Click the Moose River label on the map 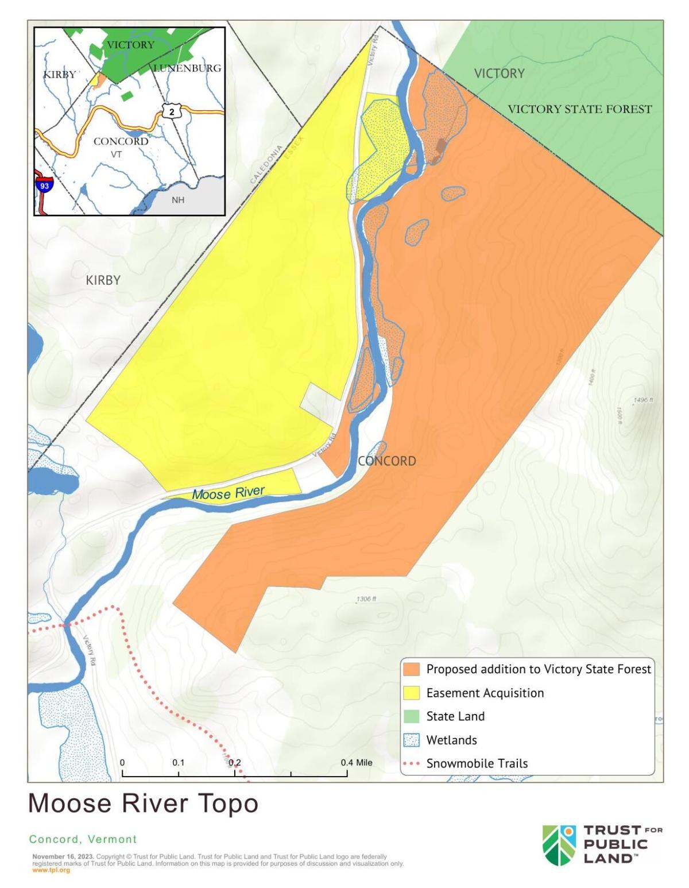(x=228, y=493)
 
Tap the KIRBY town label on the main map (x=103, y=280)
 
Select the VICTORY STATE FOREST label (x=579, y=109)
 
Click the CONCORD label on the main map (x=386, y=461)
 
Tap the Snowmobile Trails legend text (x=477, y=763)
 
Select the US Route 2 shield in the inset (x=171, y=111)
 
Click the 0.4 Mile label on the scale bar (x=356, y=763)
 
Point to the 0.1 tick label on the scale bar (x=178, y=763)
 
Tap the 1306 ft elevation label (x=366, y=599)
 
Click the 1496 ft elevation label (x=643, y=400)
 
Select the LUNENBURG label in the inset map (x=187, y=68)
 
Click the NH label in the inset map (x=178, y=200)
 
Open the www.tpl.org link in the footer (x=51, y=870)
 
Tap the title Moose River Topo (x=143, y=803)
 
